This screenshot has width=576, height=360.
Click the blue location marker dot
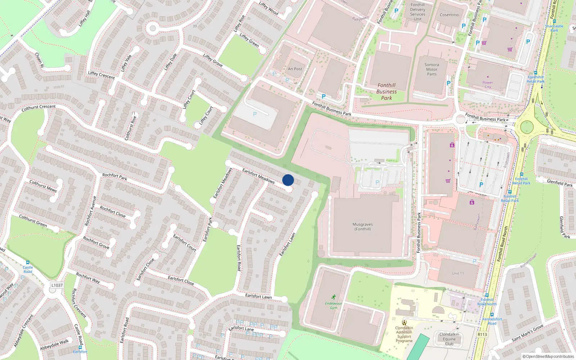(x=288, y=180)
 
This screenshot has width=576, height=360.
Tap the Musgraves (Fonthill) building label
(x=363, y=226)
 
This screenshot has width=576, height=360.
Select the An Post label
(x=295, y=69)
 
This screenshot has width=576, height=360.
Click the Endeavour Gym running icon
(x=334, y=297)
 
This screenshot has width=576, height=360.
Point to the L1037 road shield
(x=57, y=285)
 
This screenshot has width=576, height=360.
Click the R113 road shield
(x=482, y=334)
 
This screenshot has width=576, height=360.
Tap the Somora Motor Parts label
(x=432, y=69)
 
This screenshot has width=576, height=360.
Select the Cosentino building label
(x=449, y=15)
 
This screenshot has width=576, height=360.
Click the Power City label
(x=488, y=85)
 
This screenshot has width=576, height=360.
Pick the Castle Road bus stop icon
(x=28, y=262)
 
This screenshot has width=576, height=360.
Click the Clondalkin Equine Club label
(x=449, y=339)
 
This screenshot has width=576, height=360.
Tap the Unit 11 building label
(x=458, y=273)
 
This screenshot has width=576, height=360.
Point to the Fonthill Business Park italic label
(x=386, y=91)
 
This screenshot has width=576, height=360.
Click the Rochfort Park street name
(x=114, y=176)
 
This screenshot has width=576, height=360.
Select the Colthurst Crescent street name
(x=39, y=107)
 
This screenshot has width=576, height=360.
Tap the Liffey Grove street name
(x=213, y=60)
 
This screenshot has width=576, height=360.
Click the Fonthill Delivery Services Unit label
(x=418, y=12)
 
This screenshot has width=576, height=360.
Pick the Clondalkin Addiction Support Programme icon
(x=404, y=322)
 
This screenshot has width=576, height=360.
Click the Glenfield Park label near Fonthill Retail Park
(x=559, y=183)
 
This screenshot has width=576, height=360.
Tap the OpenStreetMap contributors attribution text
(x=548, y=356)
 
